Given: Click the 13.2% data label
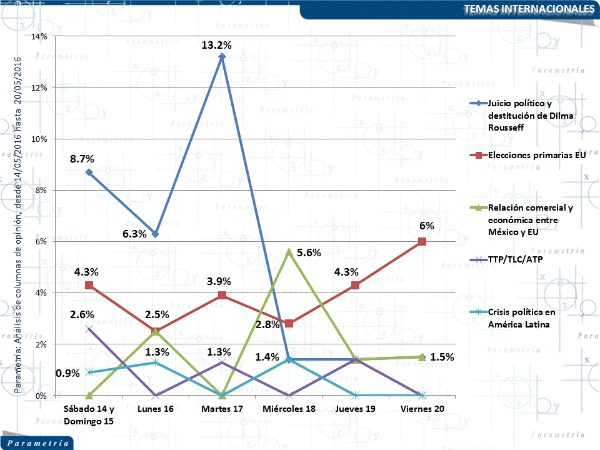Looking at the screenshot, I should [217, 45].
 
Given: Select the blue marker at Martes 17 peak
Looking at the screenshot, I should [222, 57].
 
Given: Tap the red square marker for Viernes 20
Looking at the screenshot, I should [422, 241].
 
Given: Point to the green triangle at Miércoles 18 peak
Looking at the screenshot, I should [289, 252].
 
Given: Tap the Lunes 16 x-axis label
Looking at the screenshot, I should [156, 409].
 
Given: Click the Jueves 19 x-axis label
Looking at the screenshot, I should [355, 409].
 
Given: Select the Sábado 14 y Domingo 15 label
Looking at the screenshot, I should [89, 414].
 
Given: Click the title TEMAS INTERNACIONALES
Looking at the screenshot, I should [530, 9].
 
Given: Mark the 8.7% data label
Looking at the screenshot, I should [82, 159].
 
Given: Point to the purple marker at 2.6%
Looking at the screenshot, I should [89, 329].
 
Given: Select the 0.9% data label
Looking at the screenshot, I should [67, 373].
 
